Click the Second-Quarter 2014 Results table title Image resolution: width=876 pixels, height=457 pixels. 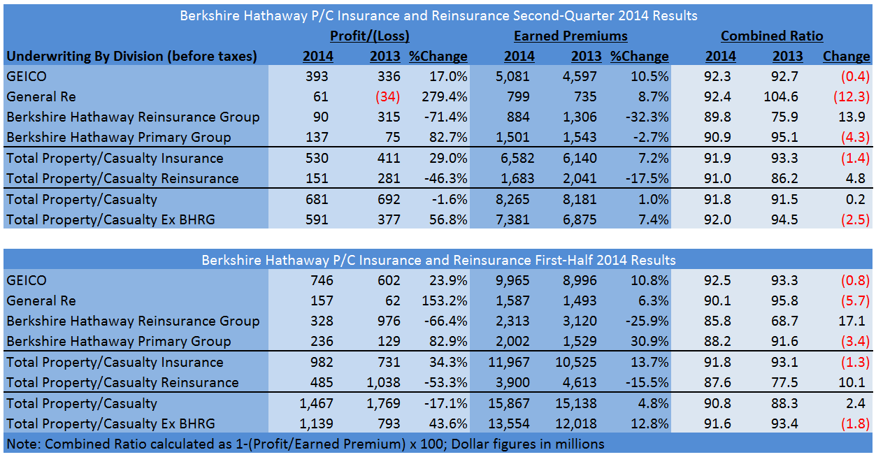click(x=438, y=15)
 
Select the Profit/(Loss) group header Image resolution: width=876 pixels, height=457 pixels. click(x=370, y=36)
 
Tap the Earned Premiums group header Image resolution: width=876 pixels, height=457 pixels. click(x=570, y=36)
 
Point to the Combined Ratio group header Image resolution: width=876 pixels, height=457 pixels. click(x=772, y=36)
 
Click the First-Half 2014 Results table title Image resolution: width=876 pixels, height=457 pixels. click(x=438, y=260)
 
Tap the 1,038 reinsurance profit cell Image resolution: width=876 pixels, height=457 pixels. click(x=383, y=382)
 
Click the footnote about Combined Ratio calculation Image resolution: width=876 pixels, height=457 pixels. click(x=306, y=444)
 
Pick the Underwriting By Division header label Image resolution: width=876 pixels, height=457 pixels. click(x=131, y=56)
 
